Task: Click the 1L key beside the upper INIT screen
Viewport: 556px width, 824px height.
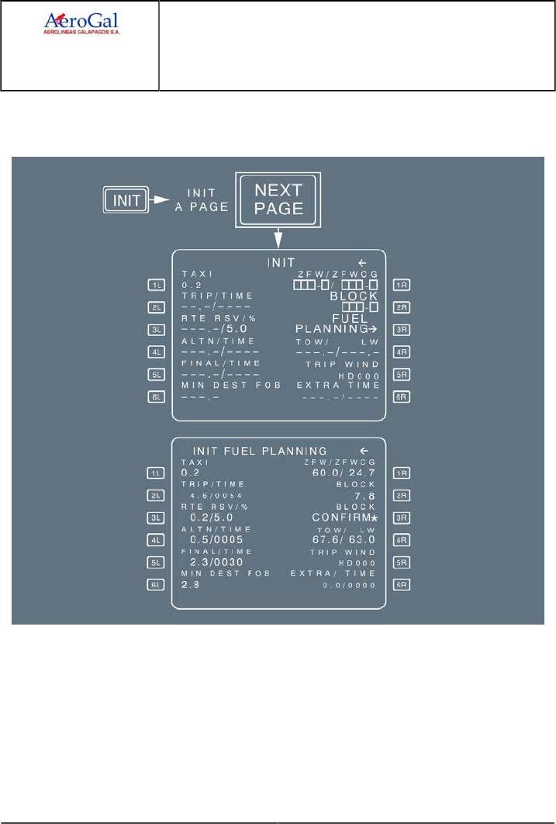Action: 157,285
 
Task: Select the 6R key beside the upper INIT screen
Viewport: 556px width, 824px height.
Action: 402,396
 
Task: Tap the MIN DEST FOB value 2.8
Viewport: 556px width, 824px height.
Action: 190,584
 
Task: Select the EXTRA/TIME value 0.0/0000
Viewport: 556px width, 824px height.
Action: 350,584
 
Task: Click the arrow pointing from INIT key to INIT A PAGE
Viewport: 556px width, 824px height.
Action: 162,200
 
